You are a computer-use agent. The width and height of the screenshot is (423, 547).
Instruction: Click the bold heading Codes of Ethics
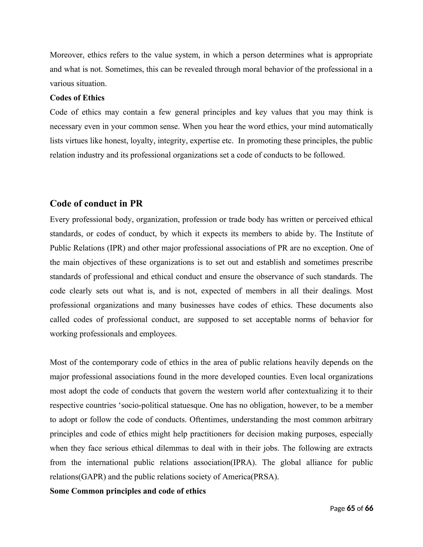pos(77,98)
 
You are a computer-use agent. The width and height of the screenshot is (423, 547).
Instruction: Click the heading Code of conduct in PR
pos(96,204)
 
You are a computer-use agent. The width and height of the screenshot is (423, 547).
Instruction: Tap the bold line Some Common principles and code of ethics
pos(128,491)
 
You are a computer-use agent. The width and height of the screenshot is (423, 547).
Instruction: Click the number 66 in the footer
pos(369,508)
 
